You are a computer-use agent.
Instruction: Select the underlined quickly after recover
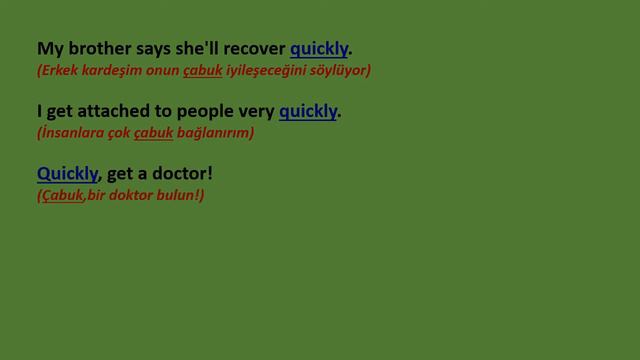click(x=319, y=48)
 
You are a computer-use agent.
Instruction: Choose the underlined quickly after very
click(x=308, y=111)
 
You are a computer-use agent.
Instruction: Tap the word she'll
click(x=198, y=48)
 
